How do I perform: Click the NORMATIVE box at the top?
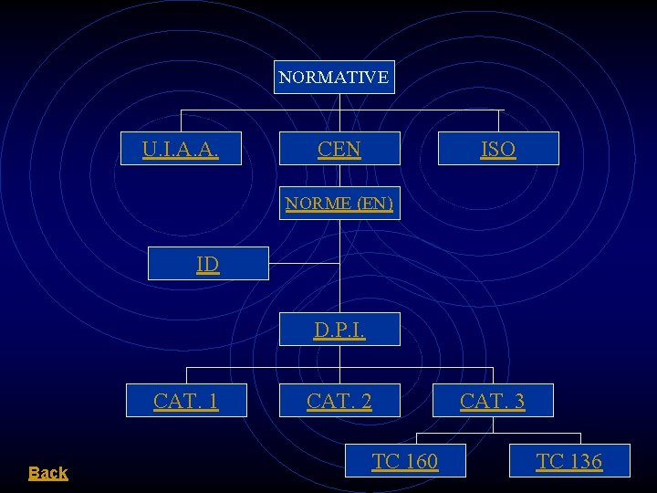[x=334, y=78]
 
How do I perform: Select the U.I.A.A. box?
[x=181, y=149]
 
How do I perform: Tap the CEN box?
[x=339, y=149]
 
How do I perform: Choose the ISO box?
[x=498, y=149]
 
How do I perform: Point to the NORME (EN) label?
[x=339, y=203]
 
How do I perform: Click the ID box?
[x=208, y=264]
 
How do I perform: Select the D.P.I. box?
[x=339, y=330]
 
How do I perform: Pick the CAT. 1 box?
[x=186, y=400]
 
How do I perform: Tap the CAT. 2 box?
[x=339, y=400]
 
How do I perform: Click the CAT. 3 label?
[x=493, y=400]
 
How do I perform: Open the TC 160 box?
[x=405, y=461]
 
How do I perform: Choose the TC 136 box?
[x=569, y=461]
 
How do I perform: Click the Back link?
[x=47, y=473]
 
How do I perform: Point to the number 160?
[x=419, y=461]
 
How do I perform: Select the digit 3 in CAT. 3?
[x=518, y=400]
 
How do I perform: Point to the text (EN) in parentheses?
[x=375, y=203]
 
